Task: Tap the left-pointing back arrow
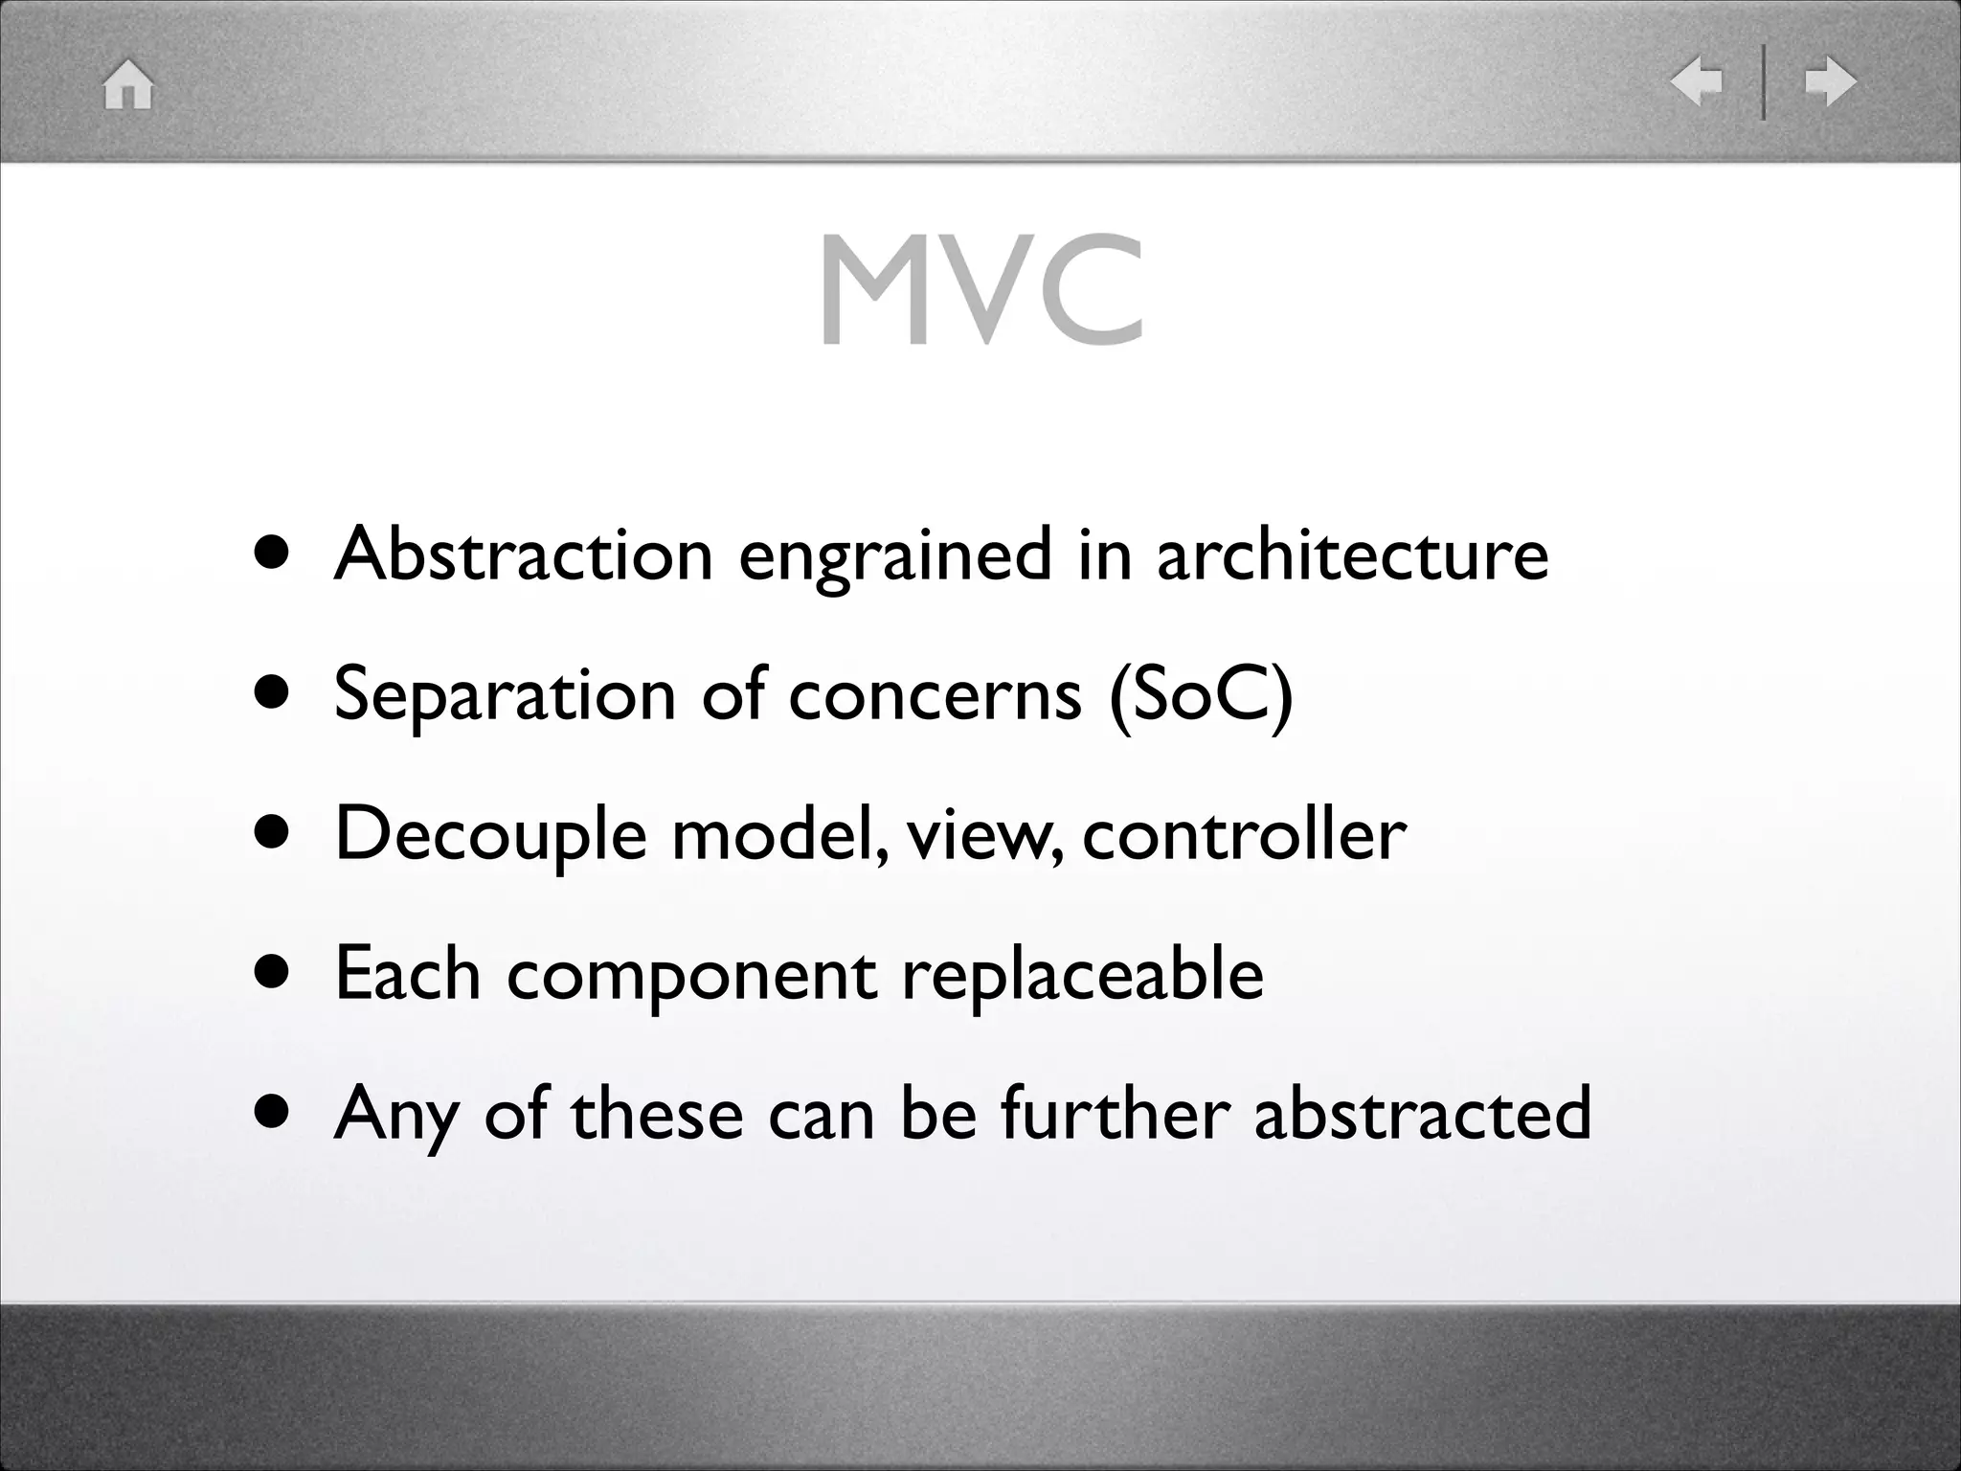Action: click(x=1696, y=81)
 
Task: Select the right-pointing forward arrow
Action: click(x=1830, y=81)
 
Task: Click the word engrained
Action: click(x=894, y=555)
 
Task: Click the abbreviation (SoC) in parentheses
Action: click(x=1201, y=693)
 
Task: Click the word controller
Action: click(x=1244, y=833)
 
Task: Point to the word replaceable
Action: click(x=1082, y=975)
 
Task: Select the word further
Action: click(x=1115, y=1113)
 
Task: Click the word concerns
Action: click(x=935, y=693)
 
